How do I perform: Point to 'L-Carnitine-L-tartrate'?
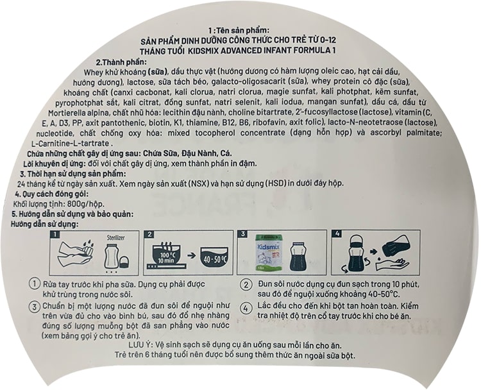pyautogui.click(x=71, y=144)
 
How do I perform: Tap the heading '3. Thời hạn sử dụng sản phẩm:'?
pyautogui.click(x=73, y=174)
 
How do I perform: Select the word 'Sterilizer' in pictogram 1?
pyautogui.click(x=116, y=238)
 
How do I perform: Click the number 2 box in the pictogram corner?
pyautogui.click(x=149, y=234)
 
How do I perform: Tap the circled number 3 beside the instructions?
pyautogui.click(x=35, y=307)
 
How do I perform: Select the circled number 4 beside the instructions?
pyautogui.click(x=246, y=308)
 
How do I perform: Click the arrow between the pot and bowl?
pyautogui.click(x=192, y=255)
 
